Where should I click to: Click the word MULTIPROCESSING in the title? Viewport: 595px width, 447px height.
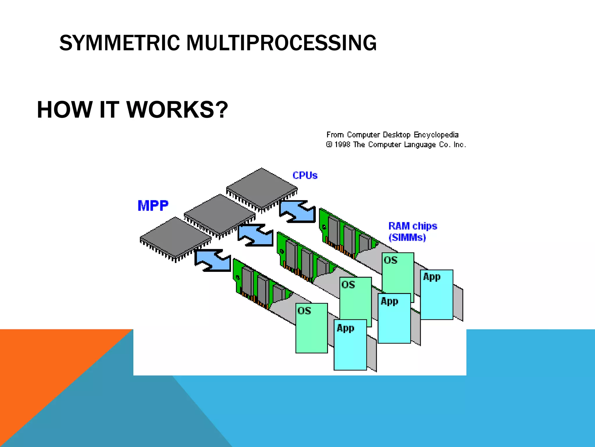281,43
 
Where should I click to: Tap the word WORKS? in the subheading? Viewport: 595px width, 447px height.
177,110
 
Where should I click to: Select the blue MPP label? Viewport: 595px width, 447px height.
153,206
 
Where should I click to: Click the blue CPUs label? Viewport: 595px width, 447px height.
305,175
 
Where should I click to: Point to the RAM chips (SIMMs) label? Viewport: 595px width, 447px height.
412,232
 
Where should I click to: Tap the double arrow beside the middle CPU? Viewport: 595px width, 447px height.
256,235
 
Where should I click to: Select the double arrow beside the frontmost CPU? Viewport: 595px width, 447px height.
213,260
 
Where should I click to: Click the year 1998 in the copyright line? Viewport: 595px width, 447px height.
343,145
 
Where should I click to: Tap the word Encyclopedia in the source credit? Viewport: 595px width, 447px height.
436,135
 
